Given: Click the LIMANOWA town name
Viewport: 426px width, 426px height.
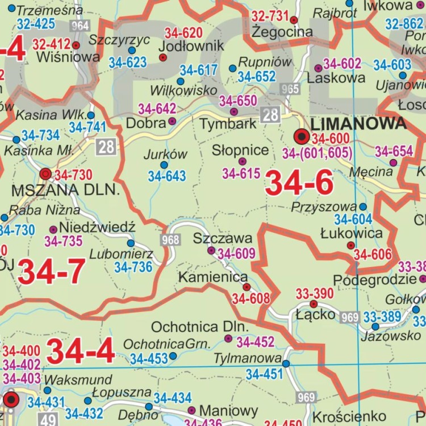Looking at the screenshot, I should point(359,123).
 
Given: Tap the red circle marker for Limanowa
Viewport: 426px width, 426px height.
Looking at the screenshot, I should point(302,136).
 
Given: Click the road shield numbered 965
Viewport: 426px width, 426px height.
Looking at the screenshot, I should point(290,89).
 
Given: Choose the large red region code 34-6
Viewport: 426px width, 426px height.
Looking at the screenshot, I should point(299,183).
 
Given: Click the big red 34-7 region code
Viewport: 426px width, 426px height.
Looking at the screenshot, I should point(52,272).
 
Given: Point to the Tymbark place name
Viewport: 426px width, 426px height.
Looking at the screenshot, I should point(228,123).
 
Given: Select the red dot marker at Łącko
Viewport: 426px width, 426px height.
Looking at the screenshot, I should point(314,304).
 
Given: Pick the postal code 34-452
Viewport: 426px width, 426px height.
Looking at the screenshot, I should point(256,342).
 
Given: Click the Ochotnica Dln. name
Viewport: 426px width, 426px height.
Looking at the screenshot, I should point(200,327).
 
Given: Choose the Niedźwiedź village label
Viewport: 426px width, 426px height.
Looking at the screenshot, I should point(97,228).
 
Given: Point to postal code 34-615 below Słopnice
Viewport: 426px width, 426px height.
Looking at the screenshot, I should point(241,174).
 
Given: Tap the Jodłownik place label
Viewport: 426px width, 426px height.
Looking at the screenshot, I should point(190,45).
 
